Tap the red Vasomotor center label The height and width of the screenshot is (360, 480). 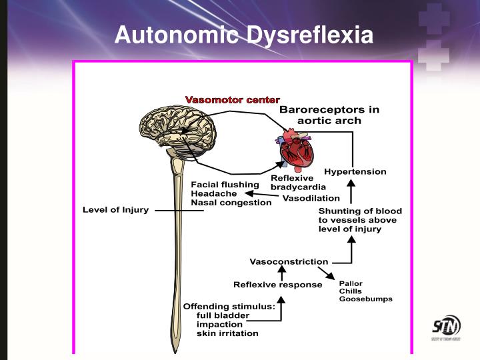click(233, 100)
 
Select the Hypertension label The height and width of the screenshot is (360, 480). click(355, 172)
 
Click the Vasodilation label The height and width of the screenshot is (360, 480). click(311, 199)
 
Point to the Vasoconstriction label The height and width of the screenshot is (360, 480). click(289, 262)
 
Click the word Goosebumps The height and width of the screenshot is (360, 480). click(365, 299)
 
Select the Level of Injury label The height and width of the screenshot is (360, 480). click(116, 210)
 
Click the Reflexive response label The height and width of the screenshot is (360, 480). click(277, 285)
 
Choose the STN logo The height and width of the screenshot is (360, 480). click(446, 327)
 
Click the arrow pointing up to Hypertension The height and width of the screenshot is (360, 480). click(351, 191)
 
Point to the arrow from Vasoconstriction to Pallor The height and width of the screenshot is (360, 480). click(326, 273)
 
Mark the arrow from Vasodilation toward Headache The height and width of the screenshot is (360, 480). click(262, 194)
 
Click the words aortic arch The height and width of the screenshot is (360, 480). click(329, 121)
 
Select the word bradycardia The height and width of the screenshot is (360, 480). click(298, 187)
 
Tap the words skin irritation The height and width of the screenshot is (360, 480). click(227, 333)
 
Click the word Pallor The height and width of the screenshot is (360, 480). click(351, 283)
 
